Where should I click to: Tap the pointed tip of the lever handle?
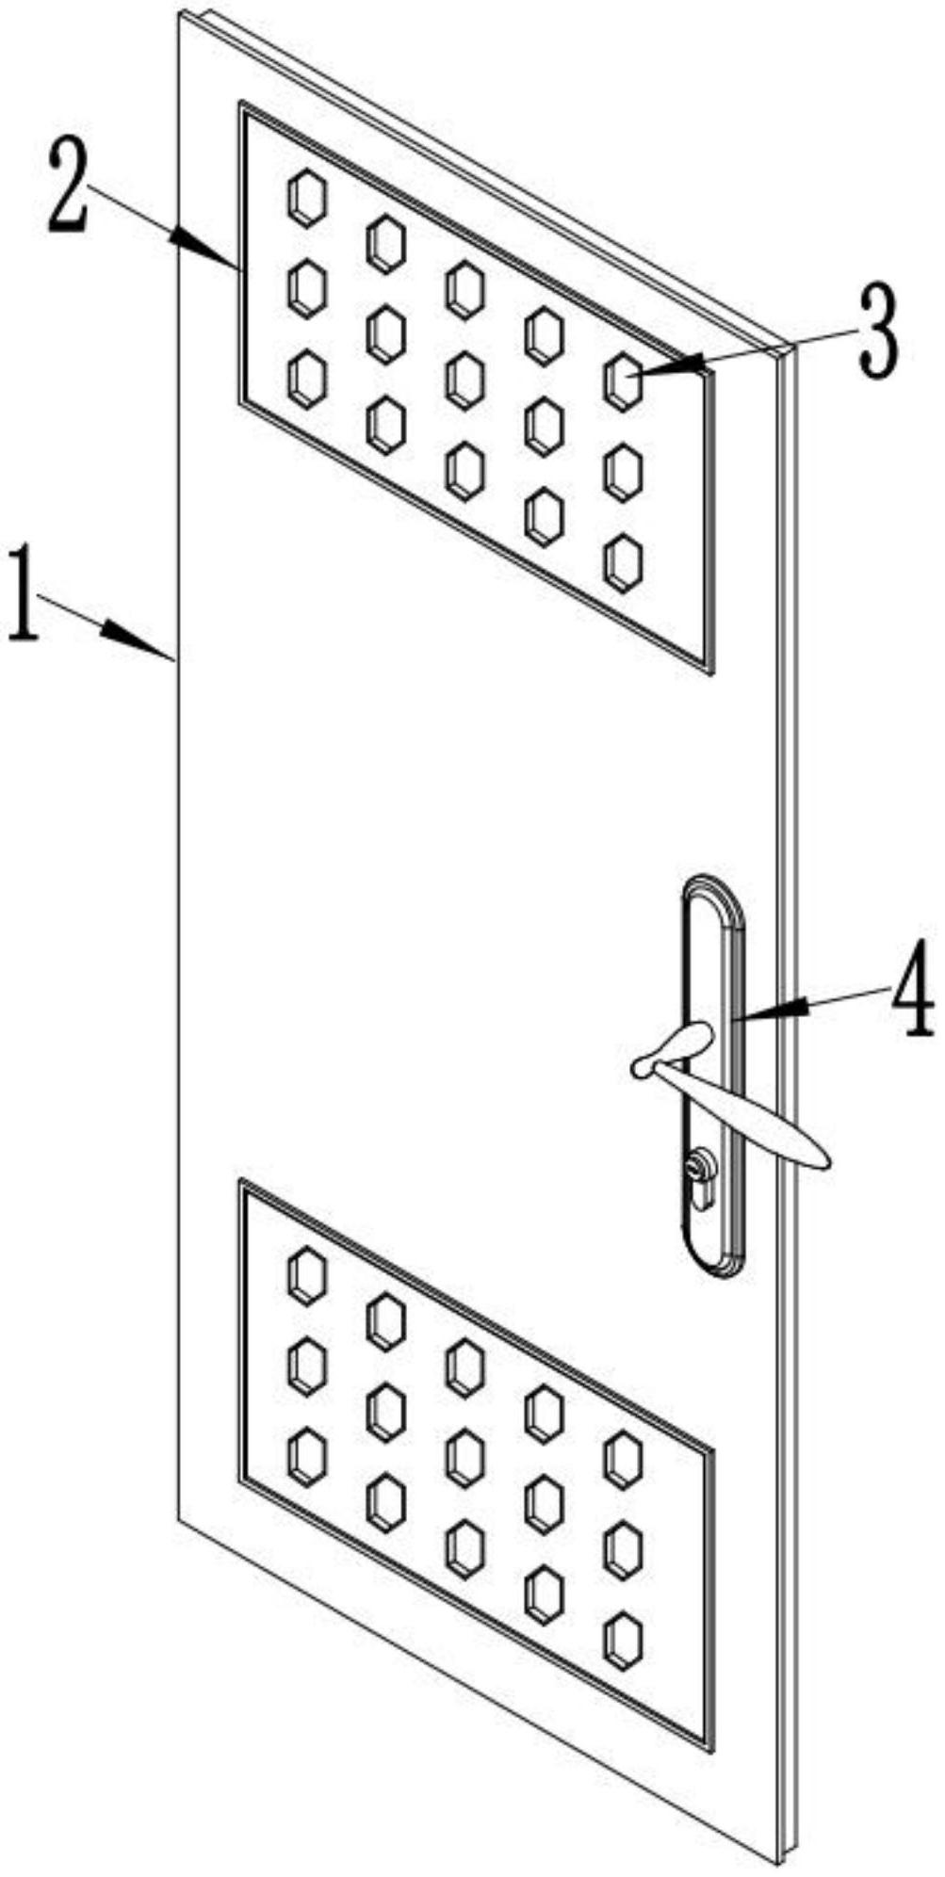(825, 1159)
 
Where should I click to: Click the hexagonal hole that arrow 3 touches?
(622, 380)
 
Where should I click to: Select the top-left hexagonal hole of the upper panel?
(306, 198)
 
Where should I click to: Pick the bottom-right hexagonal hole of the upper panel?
(623, 562)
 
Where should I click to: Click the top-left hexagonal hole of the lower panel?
(306, 1274)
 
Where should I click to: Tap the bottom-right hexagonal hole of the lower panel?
(623, 1639)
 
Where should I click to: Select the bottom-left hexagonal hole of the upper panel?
(306, 379)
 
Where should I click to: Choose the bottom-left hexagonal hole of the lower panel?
(306, 1456)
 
